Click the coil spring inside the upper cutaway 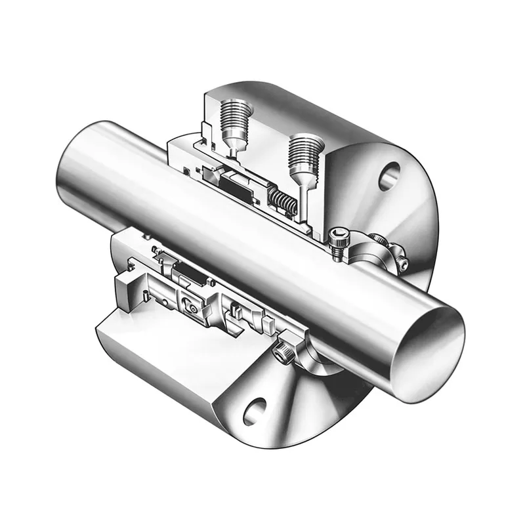coord(284,201)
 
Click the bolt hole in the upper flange coord(388,175)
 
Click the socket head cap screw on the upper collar coord(338,239)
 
